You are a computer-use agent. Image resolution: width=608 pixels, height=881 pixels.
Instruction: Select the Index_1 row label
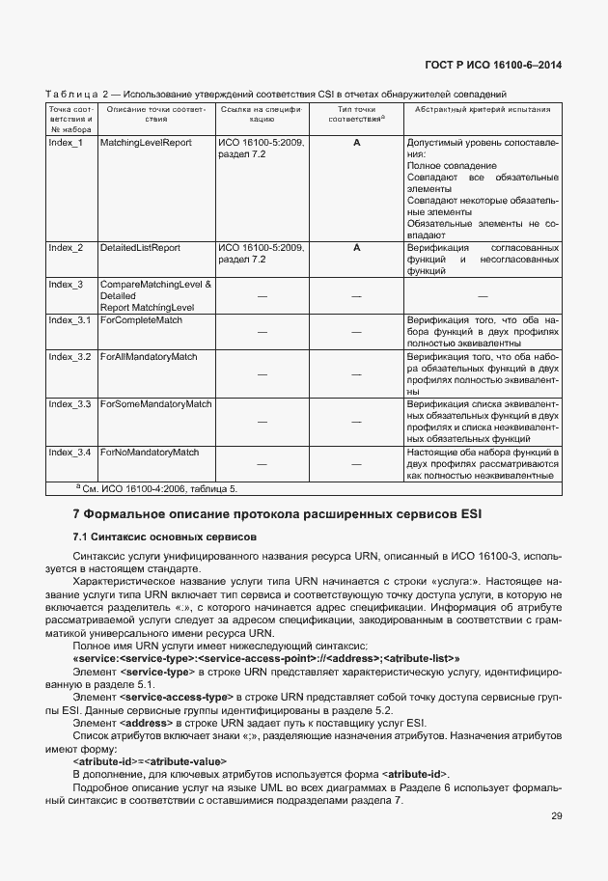click(x=66, y=143)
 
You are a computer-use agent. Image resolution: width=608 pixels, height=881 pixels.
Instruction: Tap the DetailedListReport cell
click(x=140, y=248)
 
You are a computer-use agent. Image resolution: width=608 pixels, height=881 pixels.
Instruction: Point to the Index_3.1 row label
click(x=69, y=319)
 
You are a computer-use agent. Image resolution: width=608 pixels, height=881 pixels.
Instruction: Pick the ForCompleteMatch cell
click(x=141, y=319)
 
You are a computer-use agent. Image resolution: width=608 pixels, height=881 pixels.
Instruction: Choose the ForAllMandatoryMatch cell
click(x=149, y=357)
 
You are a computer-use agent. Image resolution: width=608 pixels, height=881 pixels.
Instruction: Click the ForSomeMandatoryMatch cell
click(x=155, y=403)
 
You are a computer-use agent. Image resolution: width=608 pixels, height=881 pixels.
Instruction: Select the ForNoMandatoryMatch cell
click(x=150, y=452)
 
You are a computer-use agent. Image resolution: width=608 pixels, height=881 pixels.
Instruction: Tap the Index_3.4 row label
click(x=69, y=452)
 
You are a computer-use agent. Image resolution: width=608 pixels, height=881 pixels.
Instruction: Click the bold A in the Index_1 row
click(x=356, y=143)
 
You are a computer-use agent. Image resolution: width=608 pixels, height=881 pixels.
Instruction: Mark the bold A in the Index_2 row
click(x=356, y=248)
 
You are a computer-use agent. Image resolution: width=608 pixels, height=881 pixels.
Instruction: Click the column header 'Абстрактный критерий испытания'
click(x=483, y=110)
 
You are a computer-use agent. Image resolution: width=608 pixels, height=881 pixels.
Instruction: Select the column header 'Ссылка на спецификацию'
click(x=261, y=116)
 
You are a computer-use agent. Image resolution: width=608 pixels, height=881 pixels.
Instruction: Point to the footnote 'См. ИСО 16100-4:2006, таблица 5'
click(x=157, y=489)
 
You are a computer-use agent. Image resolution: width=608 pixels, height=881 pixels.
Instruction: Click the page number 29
click(x=556, y=816)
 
